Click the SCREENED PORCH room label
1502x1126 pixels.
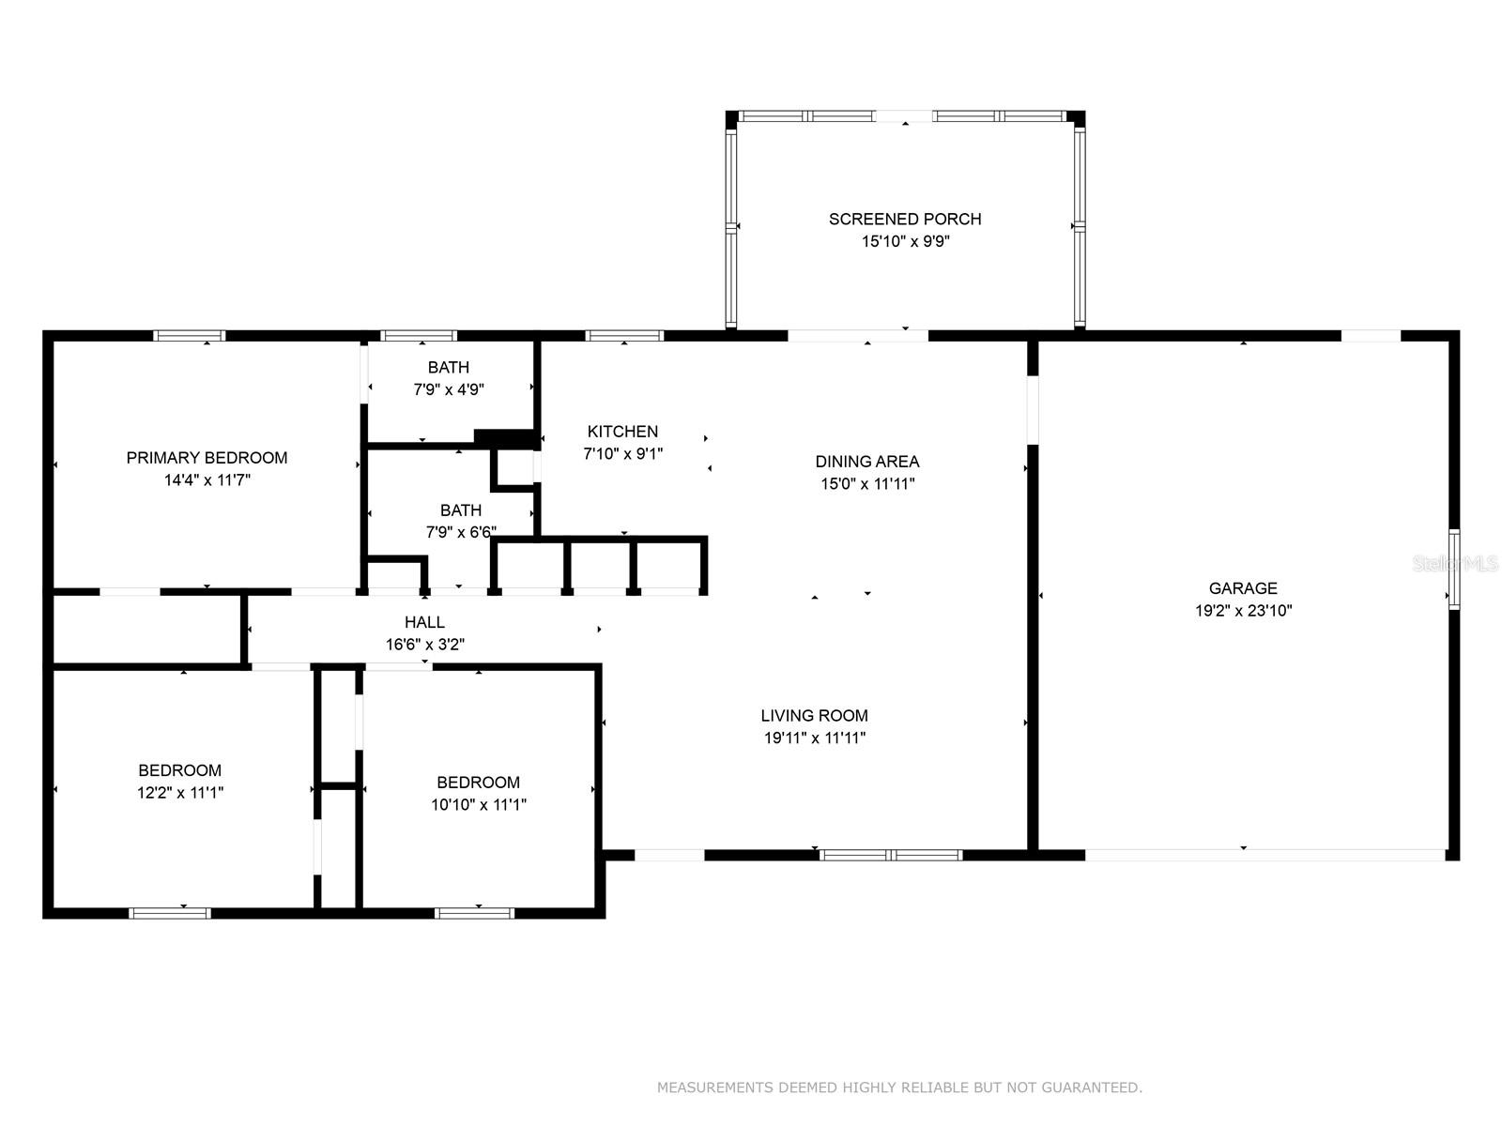click(905, 219)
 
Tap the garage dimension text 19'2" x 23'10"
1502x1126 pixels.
click(1243, 610)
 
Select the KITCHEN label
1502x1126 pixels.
click(622, 432)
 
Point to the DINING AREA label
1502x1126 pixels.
click(867, 462)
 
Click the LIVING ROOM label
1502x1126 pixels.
click(814, 715)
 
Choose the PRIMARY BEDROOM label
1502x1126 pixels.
click(207, 457)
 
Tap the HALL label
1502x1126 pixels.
click(424, 622)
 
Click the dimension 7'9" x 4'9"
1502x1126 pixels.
click(448, 389)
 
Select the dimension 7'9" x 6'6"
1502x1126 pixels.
click(461, 532)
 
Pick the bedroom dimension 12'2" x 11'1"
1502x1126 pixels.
click(180, 792)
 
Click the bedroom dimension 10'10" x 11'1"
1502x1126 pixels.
click(479, 804)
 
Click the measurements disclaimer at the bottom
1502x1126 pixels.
click(899, 1087)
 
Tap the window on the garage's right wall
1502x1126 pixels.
click(1453, 569)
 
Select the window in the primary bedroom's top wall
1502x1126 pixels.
click(189, 336)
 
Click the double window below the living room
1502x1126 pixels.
click(891, 855)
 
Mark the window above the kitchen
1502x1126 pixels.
click(624, 336)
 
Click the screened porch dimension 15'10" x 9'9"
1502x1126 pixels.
click(905, 240)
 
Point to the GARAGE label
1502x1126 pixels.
click(1243, 588)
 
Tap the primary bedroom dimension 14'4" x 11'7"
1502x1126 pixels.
click(207, 479)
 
